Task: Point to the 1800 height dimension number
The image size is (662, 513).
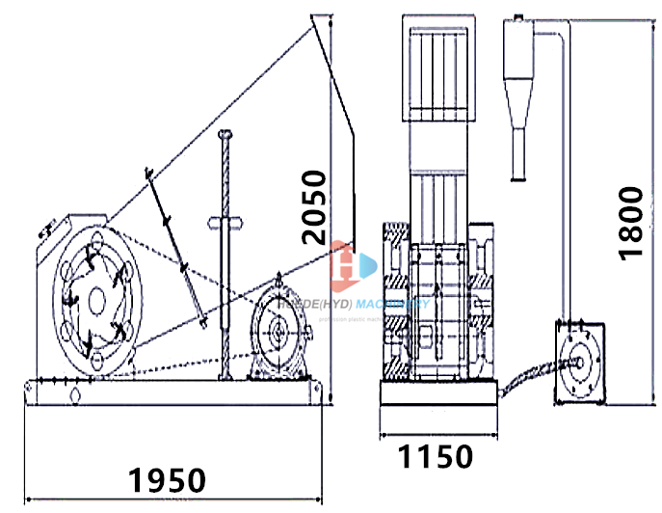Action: point(631,221)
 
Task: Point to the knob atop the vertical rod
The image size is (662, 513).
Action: point(225,134)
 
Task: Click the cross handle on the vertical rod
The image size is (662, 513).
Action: point(225,224)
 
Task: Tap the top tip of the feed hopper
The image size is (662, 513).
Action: point(315,16)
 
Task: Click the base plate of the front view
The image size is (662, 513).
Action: point(438,392)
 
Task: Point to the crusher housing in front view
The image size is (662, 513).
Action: point(438,309)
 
